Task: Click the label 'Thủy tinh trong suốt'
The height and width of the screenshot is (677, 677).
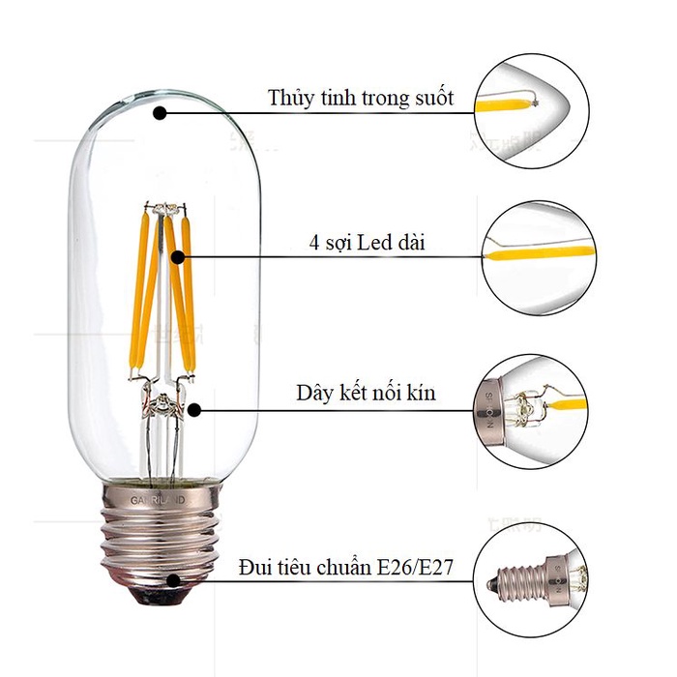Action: tap(360, 99)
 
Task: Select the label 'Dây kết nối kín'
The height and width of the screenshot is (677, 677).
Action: tap(367, 394)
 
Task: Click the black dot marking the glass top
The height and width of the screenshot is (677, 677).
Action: tap(161, 112)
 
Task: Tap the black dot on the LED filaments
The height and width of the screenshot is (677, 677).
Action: tap(181, 257)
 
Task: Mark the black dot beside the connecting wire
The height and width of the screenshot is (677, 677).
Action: tap(194, 410)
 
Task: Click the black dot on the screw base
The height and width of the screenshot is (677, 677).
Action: tap(173, 580)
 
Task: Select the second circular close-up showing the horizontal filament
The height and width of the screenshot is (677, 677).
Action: tap(533, 255)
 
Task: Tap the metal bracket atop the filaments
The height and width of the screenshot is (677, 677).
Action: tap(162, 207)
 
